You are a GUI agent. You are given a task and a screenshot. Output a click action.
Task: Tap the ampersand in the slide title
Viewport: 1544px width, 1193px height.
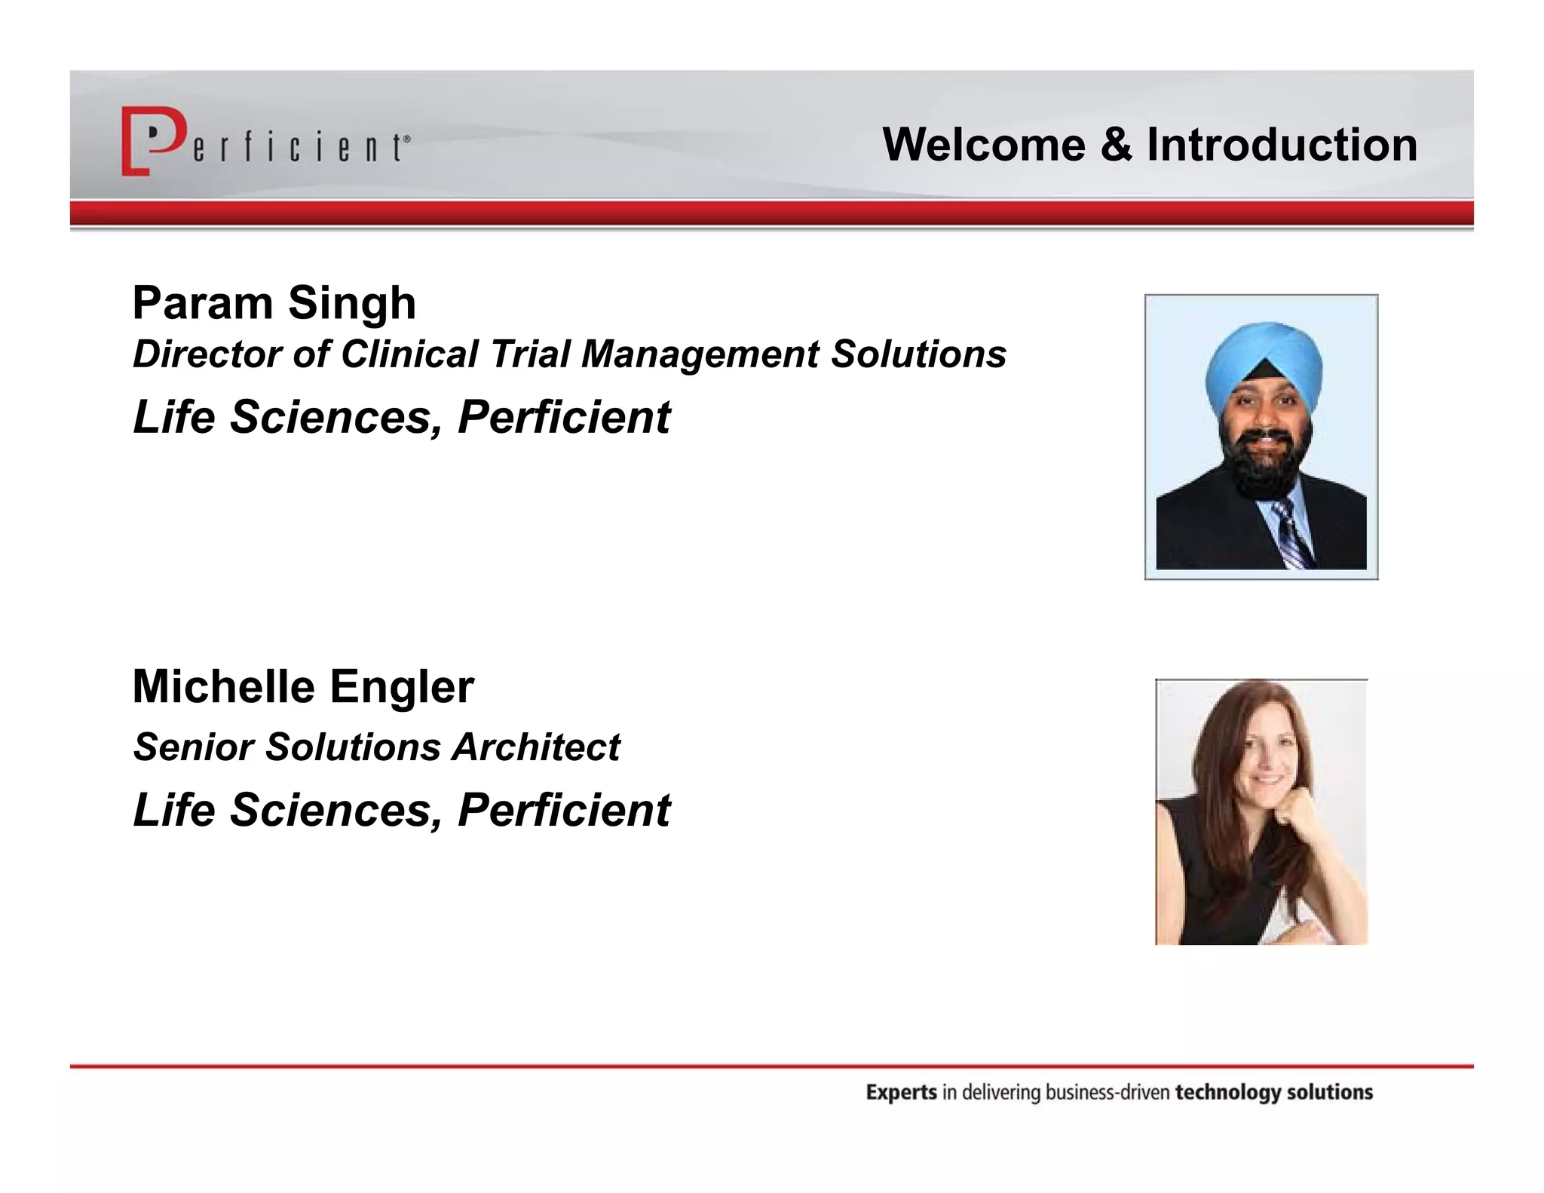point(1116,144)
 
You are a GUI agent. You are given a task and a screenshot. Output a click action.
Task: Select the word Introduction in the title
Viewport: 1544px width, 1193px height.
point(1282,144)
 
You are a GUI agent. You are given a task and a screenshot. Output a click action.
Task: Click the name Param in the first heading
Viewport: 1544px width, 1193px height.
point(202,303)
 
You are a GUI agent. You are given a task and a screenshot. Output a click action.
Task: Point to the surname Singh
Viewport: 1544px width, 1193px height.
point(351,303)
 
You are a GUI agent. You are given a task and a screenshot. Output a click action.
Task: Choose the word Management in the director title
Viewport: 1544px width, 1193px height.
point(700,354)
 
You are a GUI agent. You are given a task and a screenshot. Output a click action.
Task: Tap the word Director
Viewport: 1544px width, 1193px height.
point(207,354)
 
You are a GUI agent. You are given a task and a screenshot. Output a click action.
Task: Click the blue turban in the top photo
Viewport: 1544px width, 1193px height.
point(1262,357)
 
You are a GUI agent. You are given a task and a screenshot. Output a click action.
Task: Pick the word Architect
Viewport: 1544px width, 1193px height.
point(535,747)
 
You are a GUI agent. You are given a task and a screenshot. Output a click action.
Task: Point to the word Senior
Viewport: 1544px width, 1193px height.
point(194,747)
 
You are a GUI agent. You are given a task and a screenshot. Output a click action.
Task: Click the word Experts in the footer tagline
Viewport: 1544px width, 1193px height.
point(901,1093)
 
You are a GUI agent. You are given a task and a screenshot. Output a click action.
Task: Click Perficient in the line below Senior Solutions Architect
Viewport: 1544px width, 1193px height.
point(563,810)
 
